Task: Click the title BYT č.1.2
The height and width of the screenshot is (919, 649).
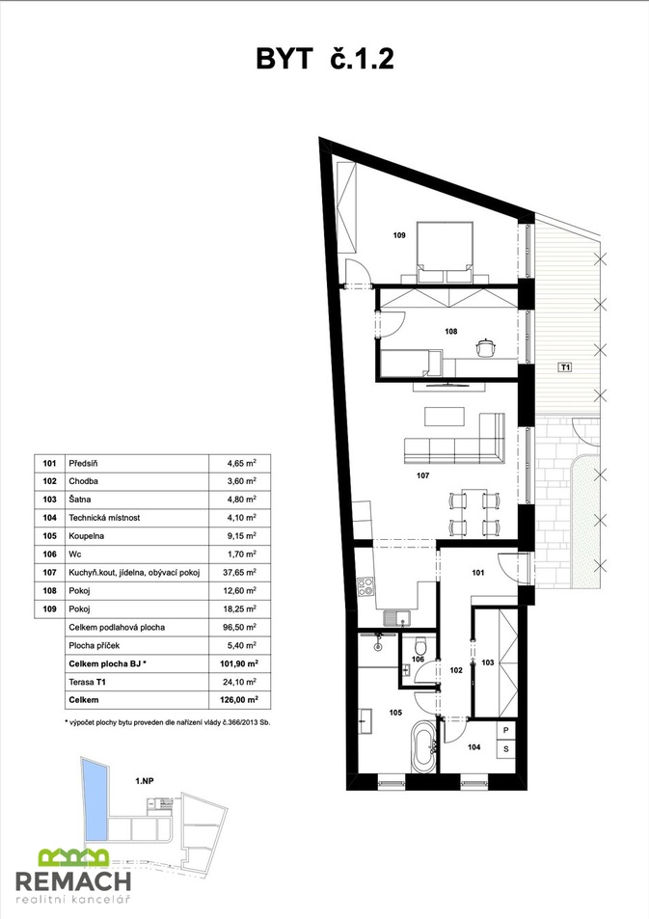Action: (x=325, y=59)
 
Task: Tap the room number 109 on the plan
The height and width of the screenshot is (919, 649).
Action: (x=399, y=235)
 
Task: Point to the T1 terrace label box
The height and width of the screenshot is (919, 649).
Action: (x=564, y=367)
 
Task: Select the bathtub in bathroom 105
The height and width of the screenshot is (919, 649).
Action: (x=423, y=746)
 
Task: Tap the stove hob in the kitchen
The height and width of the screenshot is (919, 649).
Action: (x=365, y=586)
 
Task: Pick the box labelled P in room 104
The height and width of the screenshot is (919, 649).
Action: (x=506, y=731)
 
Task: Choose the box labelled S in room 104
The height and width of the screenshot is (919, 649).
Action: (x=506, y=748)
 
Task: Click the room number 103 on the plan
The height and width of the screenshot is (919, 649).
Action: (x=488, y=662)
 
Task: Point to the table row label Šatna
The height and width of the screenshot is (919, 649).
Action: (x=80, y=500)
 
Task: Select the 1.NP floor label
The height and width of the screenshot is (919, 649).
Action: (x=145, y=781)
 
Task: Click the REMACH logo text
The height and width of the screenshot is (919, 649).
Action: (x=72, y=880)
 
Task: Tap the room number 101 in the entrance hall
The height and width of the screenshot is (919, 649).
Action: (x=478, y=573)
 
